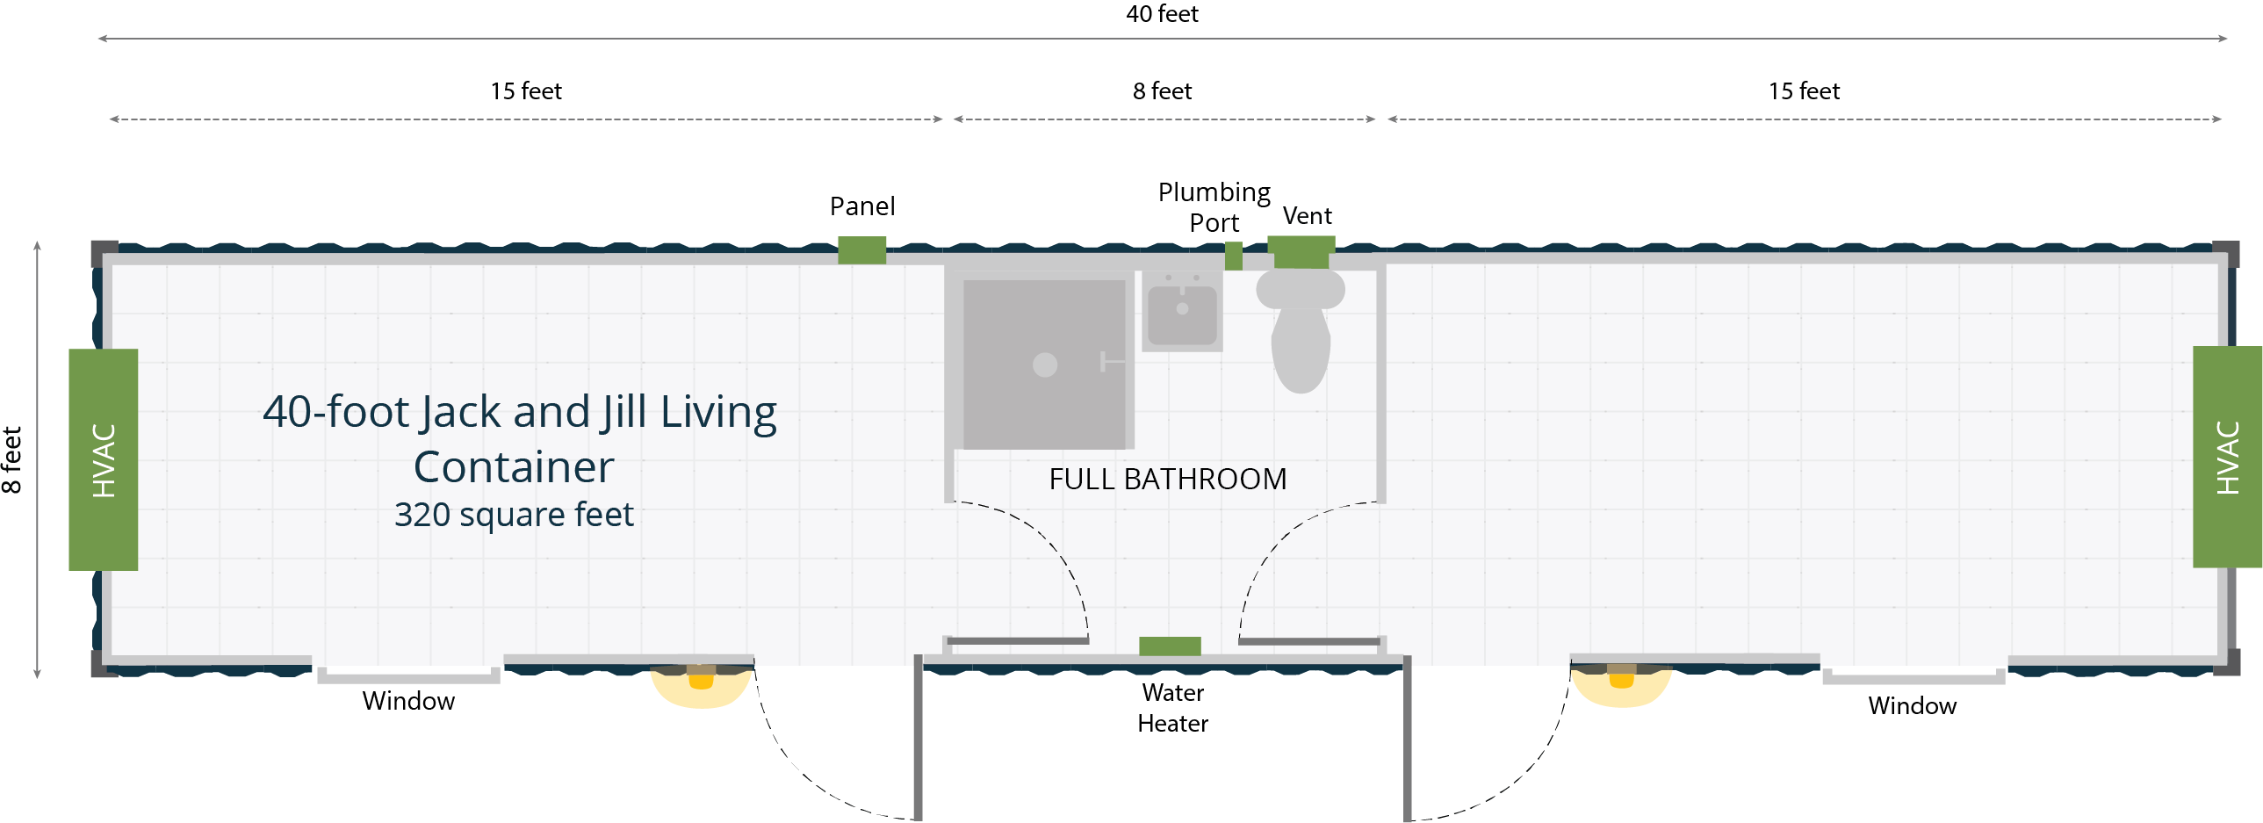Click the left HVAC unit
104,459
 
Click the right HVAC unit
2227,457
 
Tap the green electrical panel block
861,250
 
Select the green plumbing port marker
1234,256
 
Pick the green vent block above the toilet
1301,252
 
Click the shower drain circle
1044,365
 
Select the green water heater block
1170,646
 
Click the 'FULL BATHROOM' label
1168,480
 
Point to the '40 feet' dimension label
1163,14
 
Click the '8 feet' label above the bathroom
1163,91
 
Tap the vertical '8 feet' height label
11,459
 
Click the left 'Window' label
408,701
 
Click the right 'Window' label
1912,705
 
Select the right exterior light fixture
1621,683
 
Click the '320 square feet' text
514,515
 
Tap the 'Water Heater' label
1173,708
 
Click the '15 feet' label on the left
525,91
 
